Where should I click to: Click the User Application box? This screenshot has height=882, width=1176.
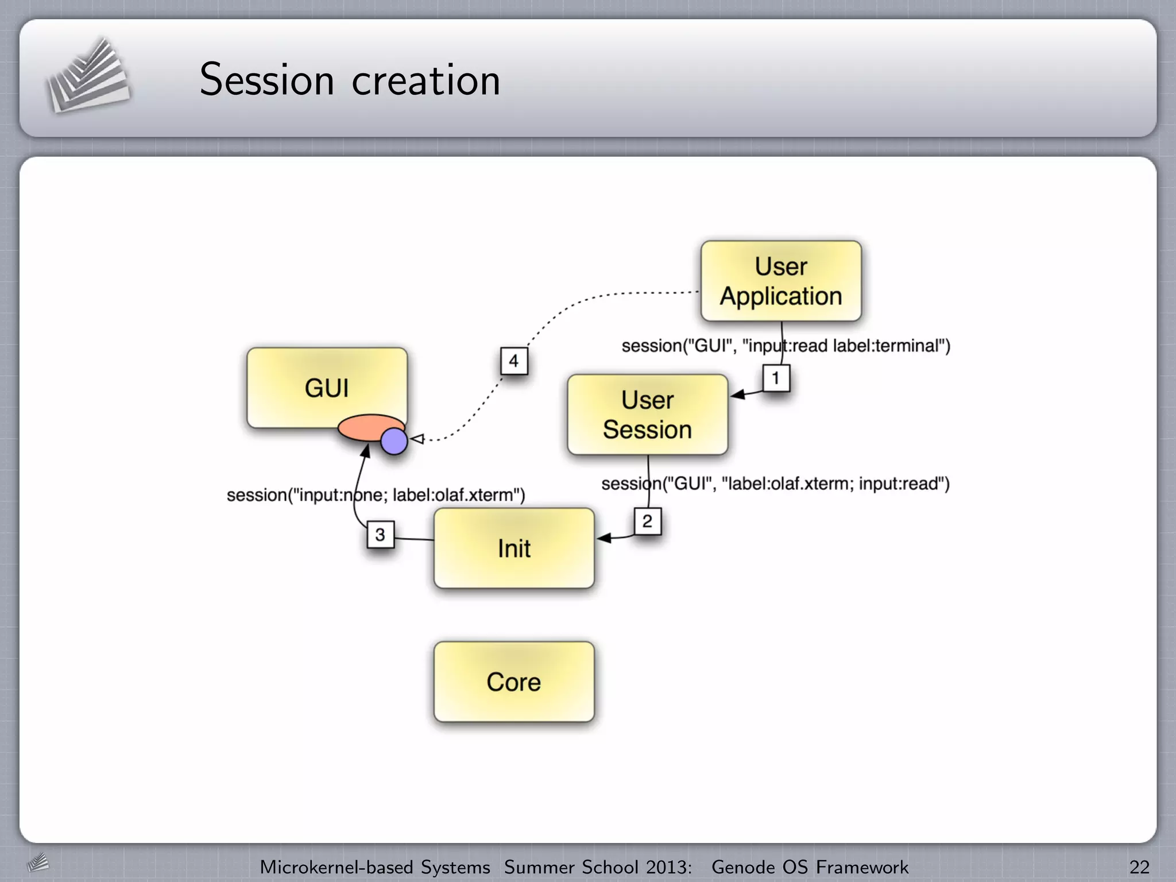781,281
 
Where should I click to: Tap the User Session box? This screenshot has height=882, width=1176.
647,415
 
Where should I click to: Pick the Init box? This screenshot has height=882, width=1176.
514,548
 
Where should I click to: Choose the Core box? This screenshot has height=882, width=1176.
514,682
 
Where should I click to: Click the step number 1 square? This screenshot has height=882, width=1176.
776,378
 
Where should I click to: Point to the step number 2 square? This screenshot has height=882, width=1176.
647,521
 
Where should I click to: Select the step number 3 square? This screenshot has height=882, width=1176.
380,535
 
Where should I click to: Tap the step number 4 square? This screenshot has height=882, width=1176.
513,361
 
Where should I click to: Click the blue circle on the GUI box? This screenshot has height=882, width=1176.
394,441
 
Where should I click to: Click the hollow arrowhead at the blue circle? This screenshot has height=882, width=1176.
417,439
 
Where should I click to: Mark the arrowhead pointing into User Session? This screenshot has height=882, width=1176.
738,394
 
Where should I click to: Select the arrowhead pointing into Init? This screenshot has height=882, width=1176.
604,538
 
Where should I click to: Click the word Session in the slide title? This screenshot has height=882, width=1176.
266,80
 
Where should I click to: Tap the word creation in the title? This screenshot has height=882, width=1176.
425,80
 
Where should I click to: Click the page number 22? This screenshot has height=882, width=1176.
1139,867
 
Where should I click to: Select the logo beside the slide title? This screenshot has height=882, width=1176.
88,76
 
